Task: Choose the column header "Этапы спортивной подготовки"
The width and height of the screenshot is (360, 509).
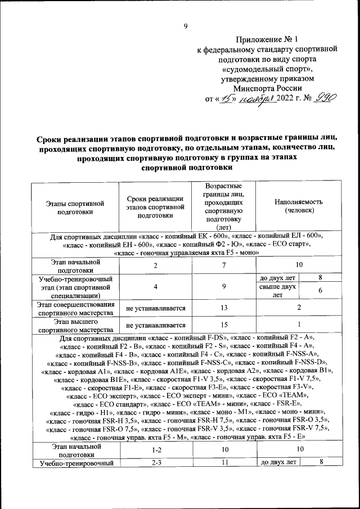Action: click(76, 210)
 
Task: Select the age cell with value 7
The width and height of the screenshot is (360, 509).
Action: click(224, 265)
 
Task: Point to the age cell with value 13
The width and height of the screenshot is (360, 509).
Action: click(224, 307)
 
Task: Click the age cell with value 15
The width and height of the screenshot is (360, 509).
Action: click(224, 325)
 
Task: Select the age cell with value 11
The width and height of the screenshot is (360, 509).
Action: click(224, 462)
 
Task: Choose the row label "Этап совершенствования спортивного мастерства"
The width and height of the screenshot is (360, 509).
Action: click(76, 307)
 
